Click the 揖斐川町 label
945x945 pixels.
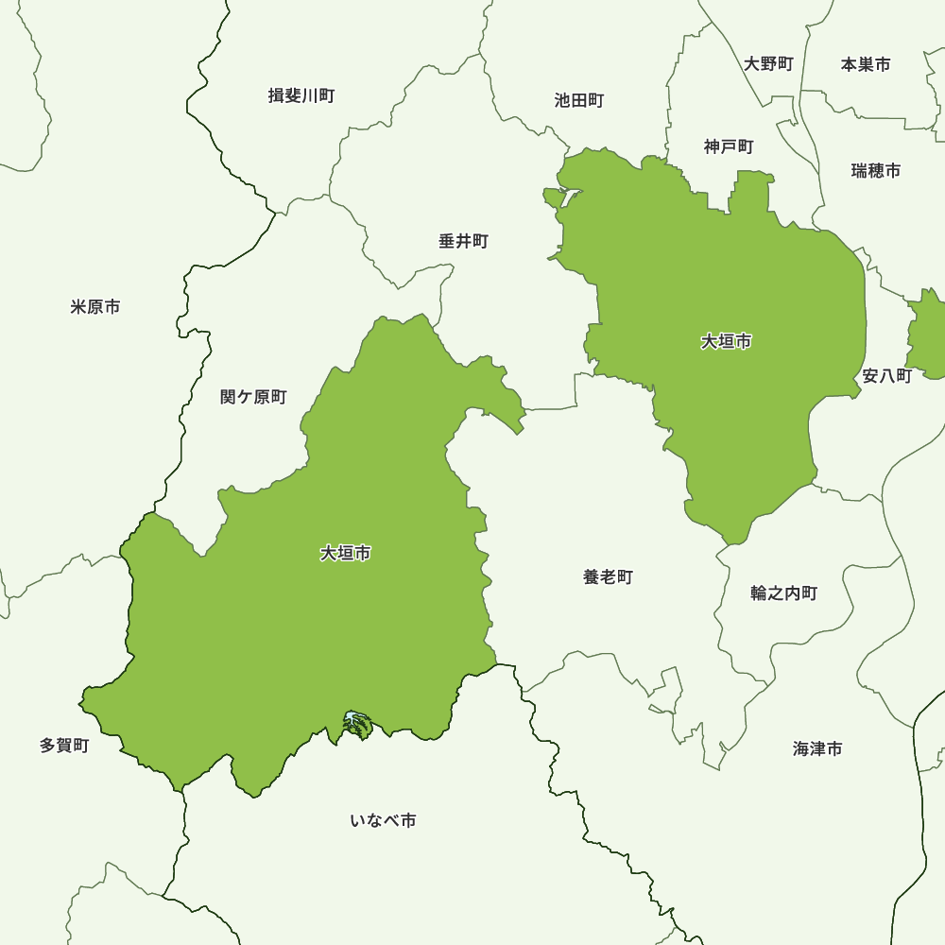coord(301,95)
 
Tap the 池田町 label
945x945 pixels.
coord(579,100)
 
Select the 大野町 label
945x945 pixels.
coord(768,64)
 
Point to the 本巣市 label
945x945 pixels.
coord(866,64)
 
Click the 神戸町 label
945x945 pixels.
coord(729,146)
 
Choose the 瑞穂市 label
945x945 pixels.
coord(875,171)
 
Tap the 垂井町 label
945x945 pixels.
coord(463,242)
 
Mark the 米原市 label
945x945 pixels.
coord(94,307)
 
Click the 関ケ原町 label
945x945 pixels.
coord(253,397)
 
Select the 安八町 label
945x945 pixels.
coord(886,376)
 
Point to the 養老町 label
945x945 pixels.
coord(608,577)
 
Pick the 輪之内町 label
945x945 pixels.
coord(783,593)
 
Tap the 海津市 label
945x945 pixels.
coord(817,749)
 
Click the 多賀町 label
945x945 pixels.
coord(64,746)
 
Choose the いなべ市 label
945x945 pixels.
coord(383,820)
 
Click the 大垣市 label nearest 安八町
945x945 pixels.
coord(726,342)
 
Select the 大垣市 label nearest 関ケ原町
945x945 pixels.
coord(345,554)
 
